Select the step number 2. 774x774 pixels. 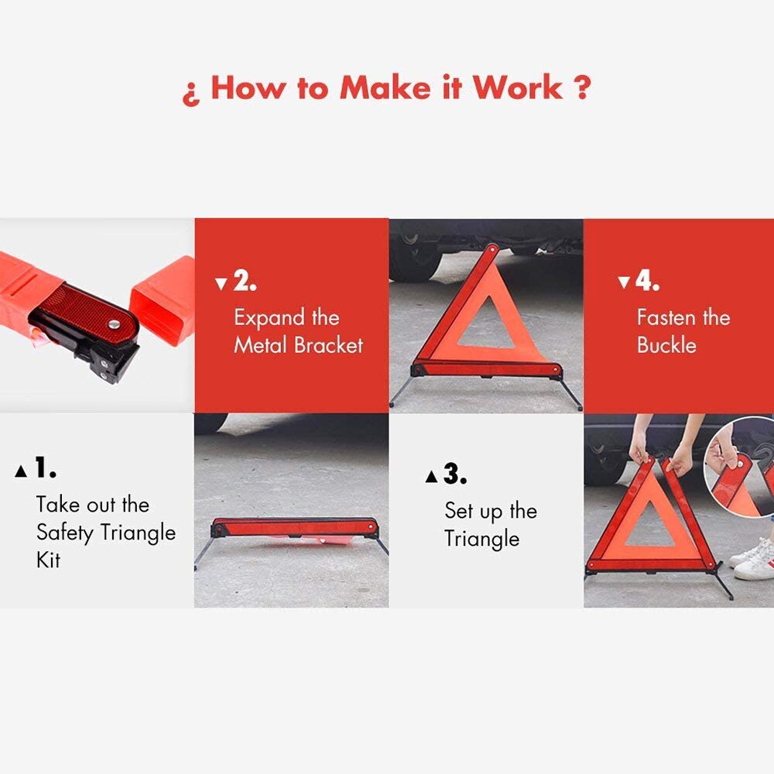pyautogui.click(x=245, y=281)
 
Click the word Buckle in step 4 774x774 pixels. pyautogui.click(x=666, y=345)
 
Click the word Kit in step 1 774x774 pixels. pyautogui.click(x=48, y=560)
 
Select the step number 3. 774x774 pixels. pyautogui.click(x=455, y=475)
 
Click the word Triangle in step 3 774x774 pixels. pyautogui.click(x=481, y=539)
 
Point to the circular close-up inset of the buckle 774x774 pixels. pyautogui.click(x=739, y=464)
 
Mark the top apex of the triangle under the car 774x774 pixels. pyautogui.click(x=489, y=249)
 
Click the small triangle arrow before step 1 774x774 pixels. pyautogui.click(x=21, y=471)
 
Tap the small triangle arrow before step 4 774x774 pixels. pyautogui.click(x=624, y=283)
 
